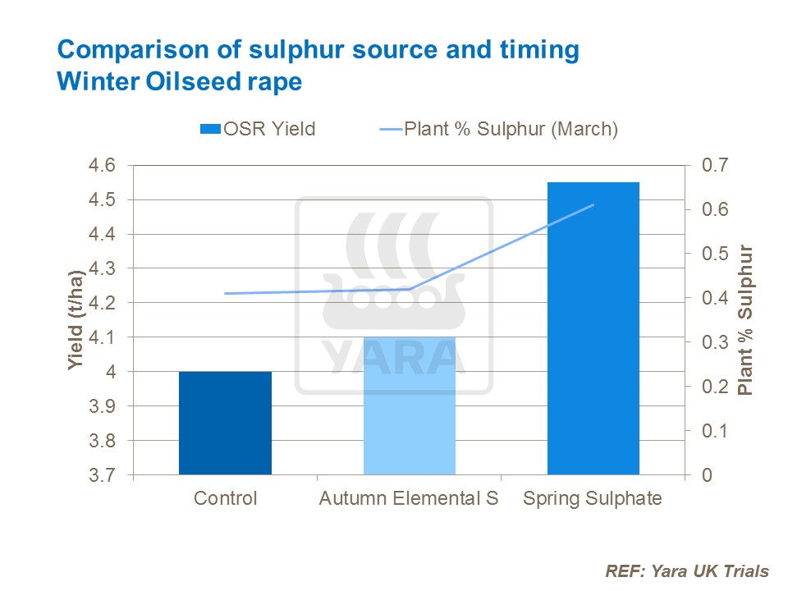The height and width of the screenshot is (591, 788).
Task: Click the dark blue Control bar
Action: pos(225,423)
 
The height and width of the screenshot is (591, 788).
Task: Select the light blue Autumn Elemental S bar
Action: pos(409,405)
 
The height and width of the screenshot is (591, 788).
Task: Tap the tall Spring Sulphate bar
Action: pos(593,328)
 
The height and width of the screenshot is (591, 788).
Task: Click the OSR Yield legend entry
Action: pos(258,129)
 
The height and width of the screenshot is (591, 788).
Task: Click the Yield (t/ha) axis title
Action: pos(76,320)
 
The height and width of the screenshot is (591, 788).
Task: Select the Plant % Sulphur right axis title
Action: pos(745,320)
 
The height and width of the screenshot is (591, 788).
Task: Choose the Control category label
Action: pos(225,499)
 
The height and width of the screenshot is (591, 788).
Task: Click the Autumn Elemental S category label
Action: pos(409,499)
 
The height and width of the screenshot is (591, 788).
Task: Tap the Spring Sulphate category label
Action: pos(593,499)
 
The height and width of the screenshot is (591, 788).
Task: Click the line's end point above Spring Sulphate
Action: pos(593,205)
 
